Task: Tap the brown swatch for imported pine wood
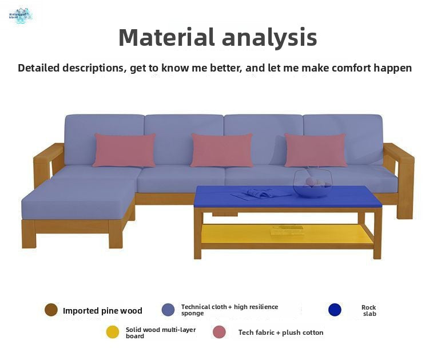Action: coord(51,310)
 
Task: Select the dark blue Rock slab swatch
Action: coord(335,310)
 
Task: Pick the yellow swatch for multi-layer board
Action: coord(113,332)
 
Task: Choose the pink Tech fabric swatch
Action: coord(219,332)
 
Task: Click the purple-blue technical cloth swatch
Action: coord(168,310)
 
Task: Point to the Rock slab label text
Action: coord(369,310)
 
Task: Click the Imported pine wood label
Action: coord(102,311)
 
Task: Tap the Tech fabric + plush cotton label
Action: coord(281,333)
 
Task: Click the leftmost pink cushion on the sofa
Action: coord(124,150)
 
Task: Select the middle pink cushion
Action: coord(221,150)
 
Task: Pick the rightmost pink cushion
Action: coord(315,150)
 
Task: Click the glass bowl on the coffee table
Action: coord(311,184)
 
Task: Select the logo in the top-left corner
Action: coord(20,15)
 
